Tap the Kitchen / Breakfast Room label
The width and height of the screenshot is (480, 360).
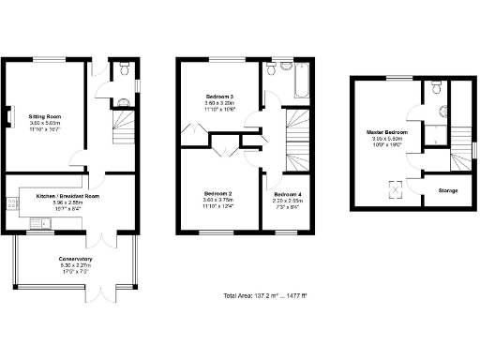[67, 196]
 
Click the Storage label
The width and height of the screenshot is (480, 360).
[448, 190]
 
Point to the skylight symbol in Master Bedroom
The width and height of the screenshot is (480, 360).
[397, 190]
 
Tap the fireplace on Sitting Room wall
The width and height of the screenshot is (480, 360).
[13, 117]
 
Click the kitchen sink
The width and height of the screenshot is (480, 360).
[43, 222]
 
